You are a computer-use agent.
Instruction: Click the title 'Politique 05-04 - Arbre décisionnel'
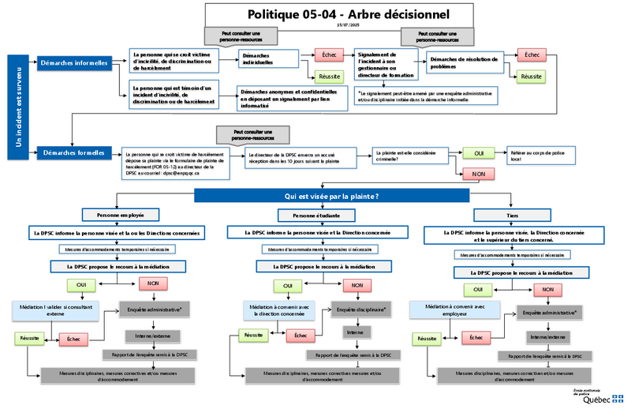click(x=348, y=14)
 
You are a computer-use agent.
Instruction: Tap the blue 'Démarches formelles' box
click(x=74, y=152)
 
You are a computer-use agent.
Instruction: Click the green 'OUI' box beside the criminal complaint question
click(x=478, y=152)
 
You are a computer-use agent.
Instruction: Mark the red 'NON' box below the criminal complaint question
click(x=478, y=173)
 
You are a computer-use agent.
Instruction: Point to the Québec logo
click(x=599, y=396)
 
